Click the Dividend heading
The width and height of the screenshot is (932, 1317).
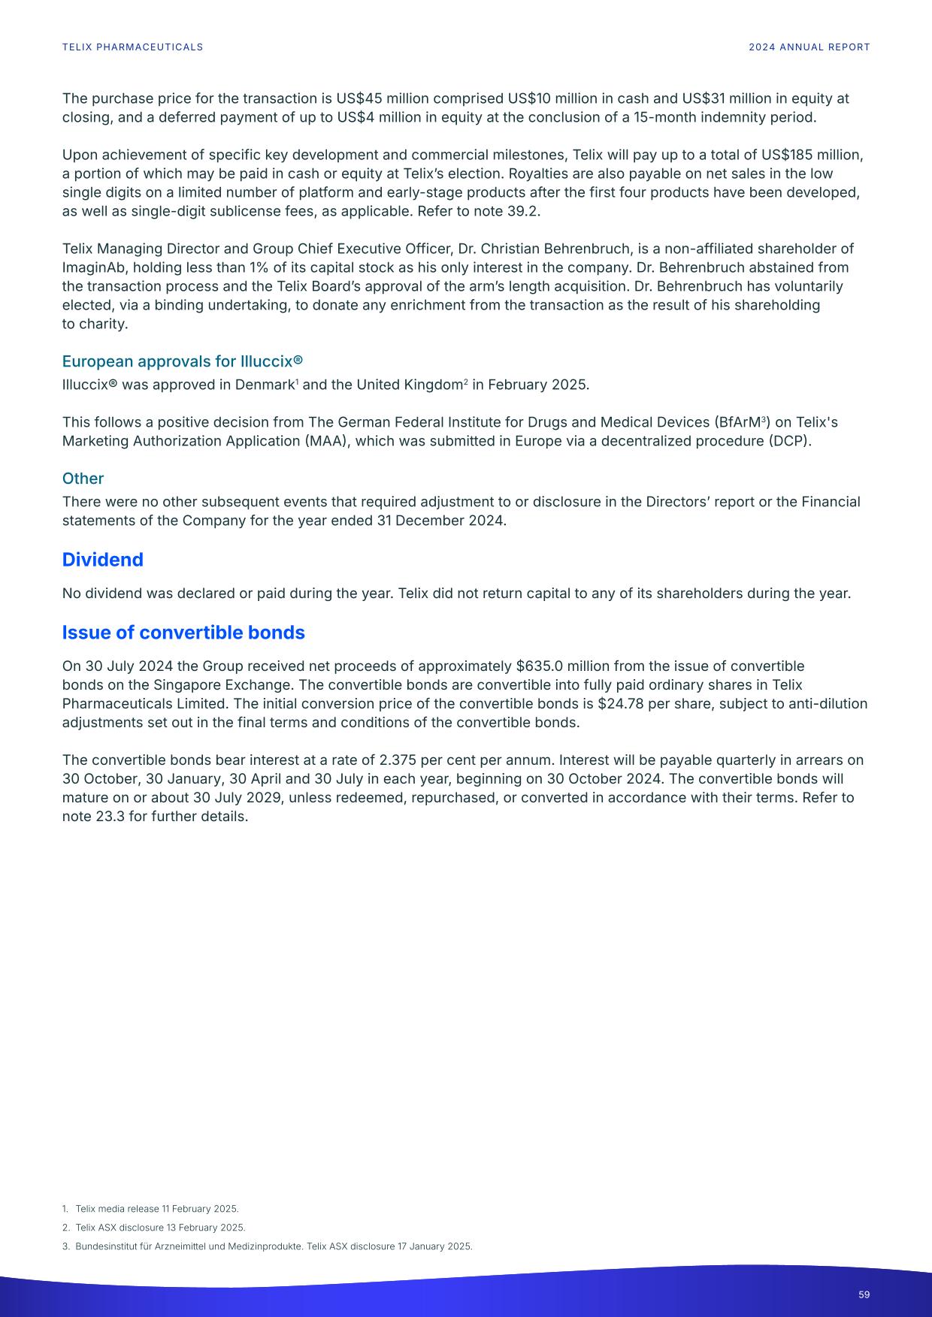102,560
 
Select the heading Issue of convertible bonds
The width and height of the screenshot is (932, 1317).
183,633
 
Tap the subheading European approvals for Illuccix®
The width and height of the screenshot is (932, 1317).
182,361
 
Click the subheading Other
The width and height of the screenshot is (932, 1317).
83,479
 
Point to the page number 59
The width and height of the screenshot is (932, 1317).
864,1294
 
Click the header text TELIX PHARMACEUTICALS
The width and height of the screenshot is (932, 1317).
132,47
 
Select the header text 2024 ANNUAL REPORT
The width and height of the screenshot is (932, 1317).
809,47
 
